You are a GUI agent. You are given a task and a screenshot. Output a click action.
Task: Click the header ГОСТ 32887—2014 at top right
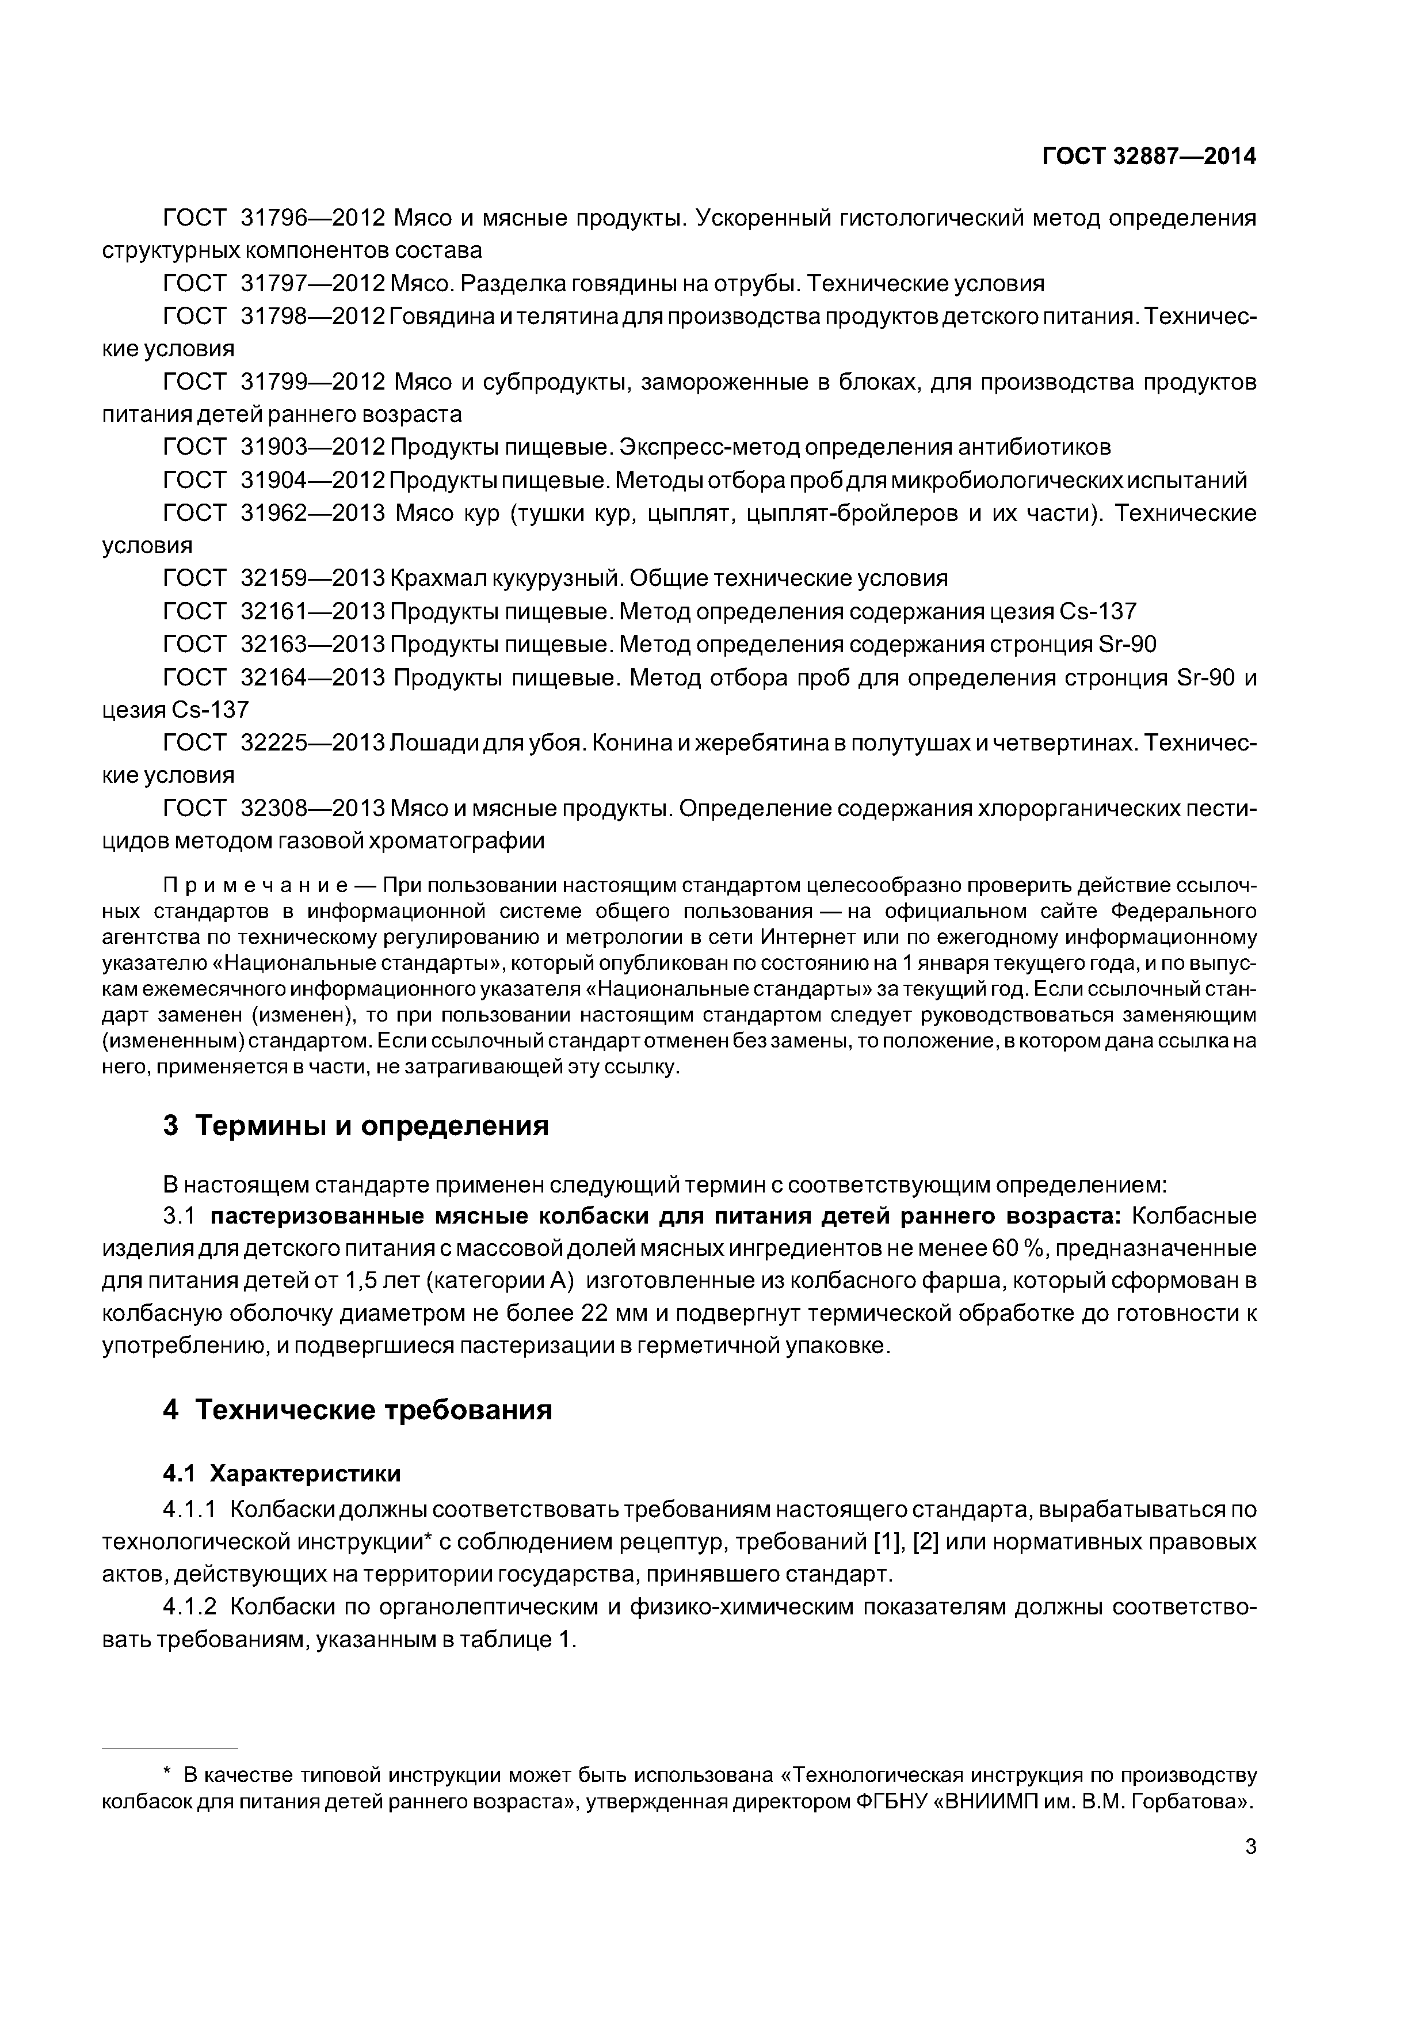[1149, 157]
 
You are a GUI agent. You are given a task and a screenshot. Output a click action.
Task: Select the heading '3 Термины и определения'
[356, 1126]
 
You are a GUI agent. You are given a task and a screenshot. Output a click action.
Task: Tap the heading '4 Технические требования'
[358, 1410]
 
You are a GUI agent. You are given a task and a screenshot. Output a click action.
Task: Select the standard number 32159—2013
[313, 578]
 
